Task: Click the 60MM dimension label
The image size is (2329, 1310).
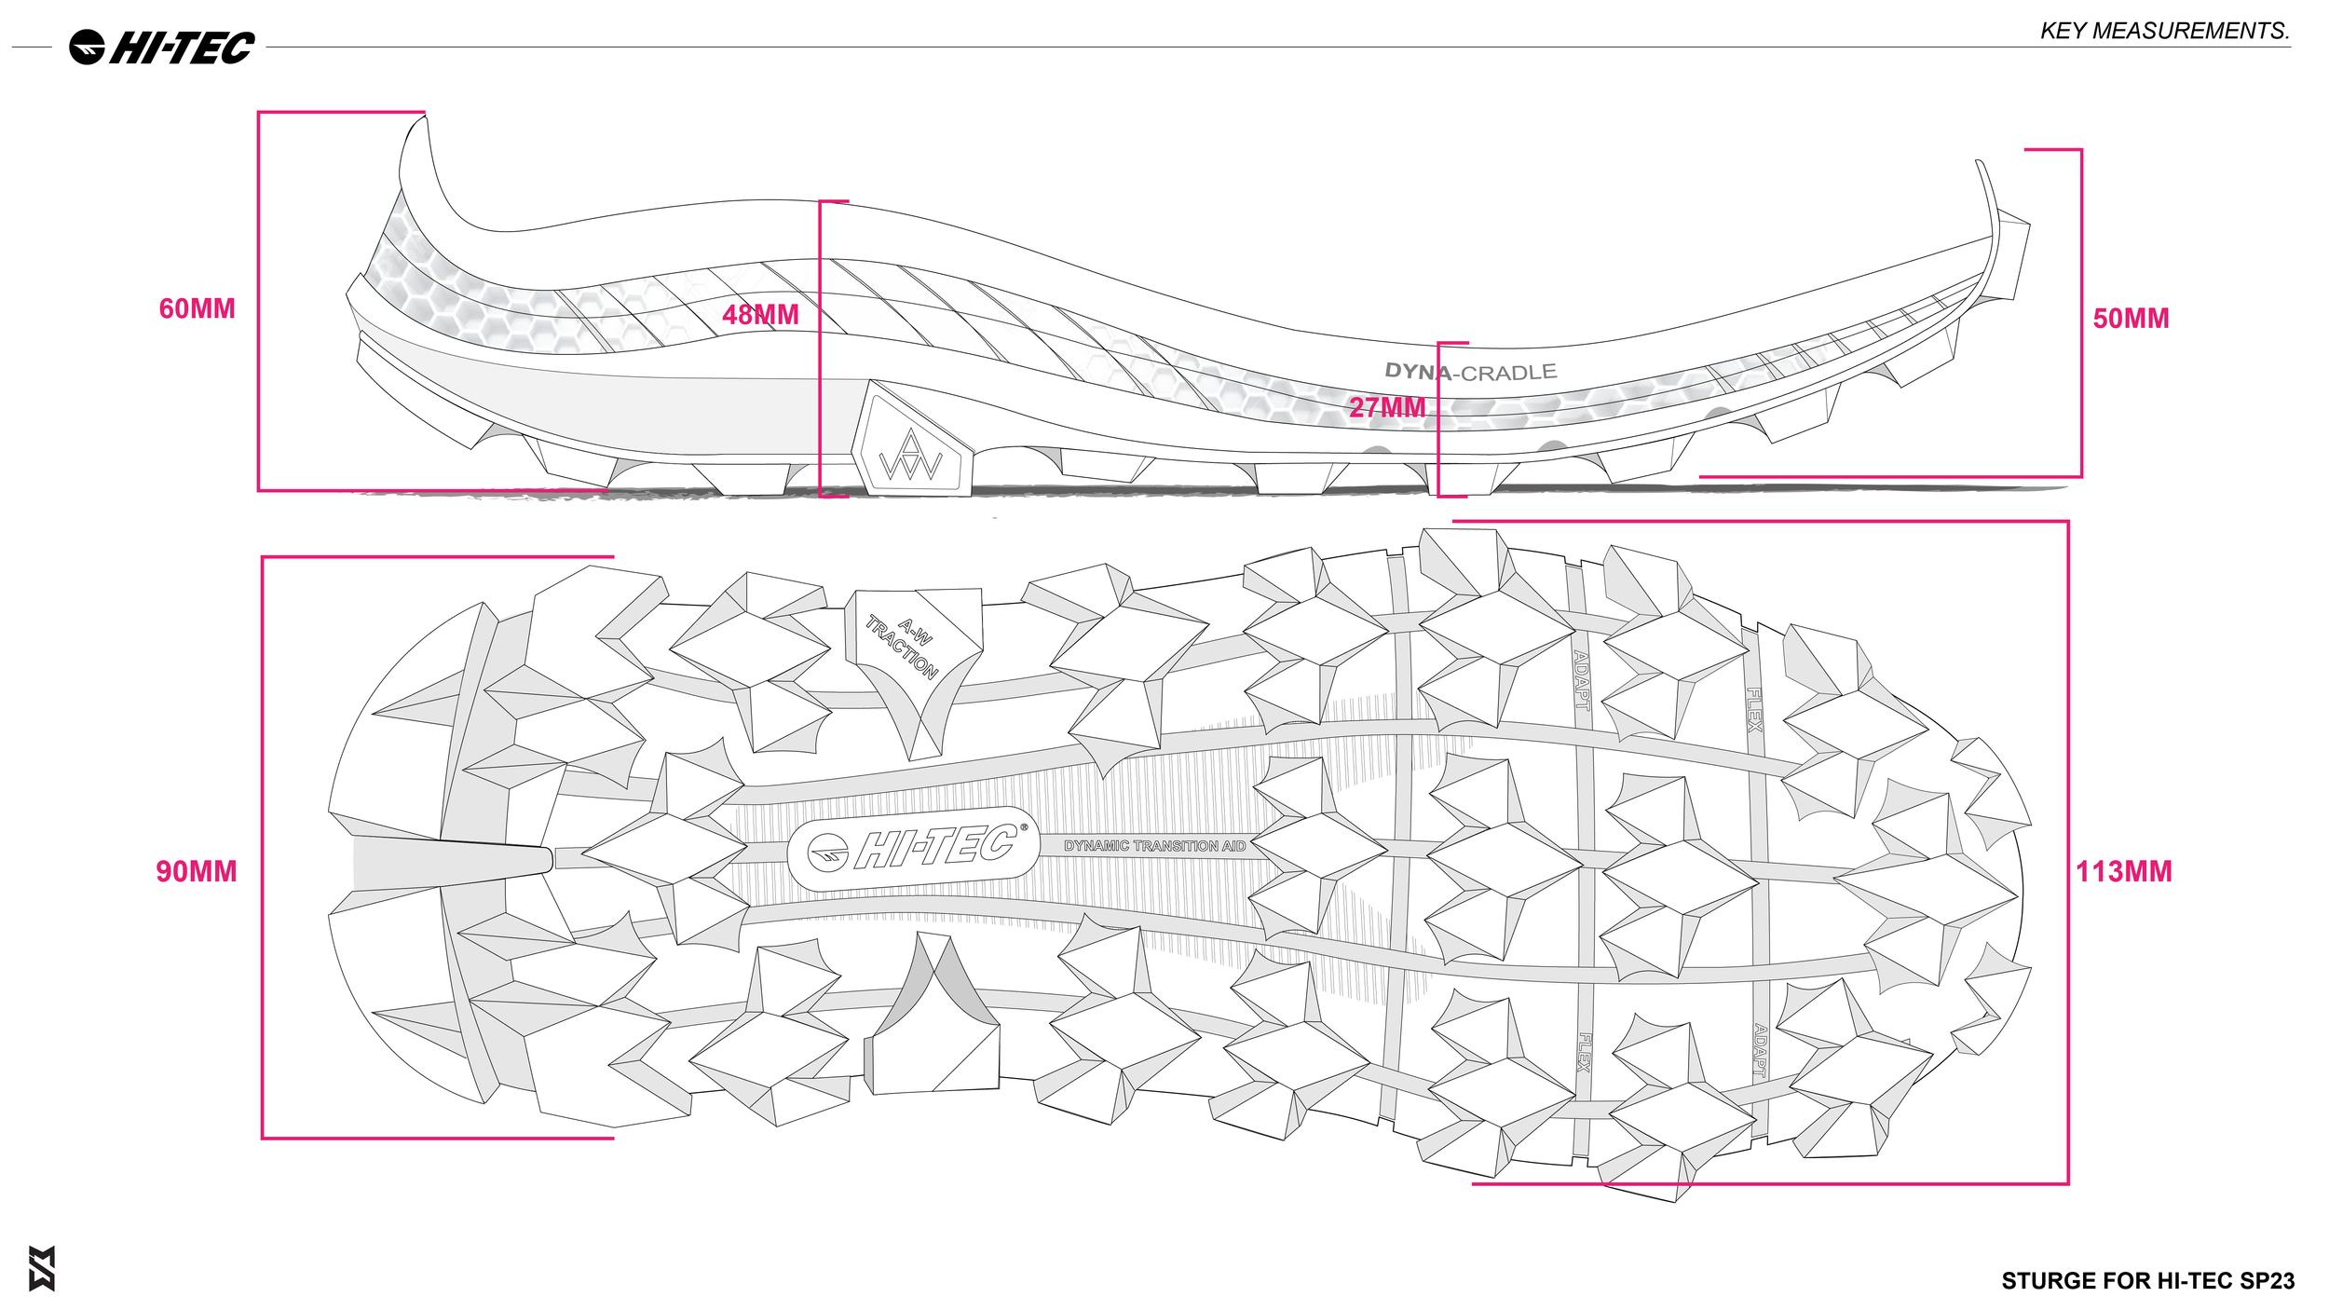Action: tap(197, 309)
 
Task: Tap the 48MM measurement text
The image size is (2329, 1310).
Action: tap(760, 315)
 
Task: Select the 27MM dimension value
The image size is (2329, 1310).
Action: tap(1387, 407)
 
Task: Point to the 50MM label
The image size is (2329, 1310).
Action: tap(2131, 319)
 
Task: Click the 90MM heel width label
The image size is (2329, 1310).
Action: tap(197, 872)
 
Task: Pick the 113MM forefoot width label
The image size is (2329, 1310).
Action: tap(2124, 872)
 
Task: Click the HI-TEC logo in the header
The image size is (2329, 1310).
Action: tap(162, 48)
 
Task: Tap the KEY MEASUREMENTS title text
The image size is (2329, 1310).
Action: tap(2164, 31)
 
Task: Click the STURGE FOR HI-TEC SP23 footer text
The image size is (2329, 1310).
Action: tap(2147, 1281)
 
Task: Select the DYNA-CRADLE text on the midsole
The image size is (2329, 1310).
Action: tap(1470, 372)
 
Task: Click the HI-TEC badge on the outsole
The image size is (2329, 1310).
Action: tap(913, 848)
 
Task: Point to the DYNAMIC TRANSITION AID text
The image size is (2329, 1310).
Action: tap(1154, 846)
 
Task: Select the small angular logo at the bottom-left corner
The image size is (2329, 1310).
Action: tap(42, 1268)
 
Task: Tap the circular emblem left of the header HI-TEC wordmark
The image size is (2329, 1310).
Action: tap(88, 48)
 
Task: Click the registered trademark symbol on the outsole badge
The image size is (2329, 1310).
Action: tap(1024, 826)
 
